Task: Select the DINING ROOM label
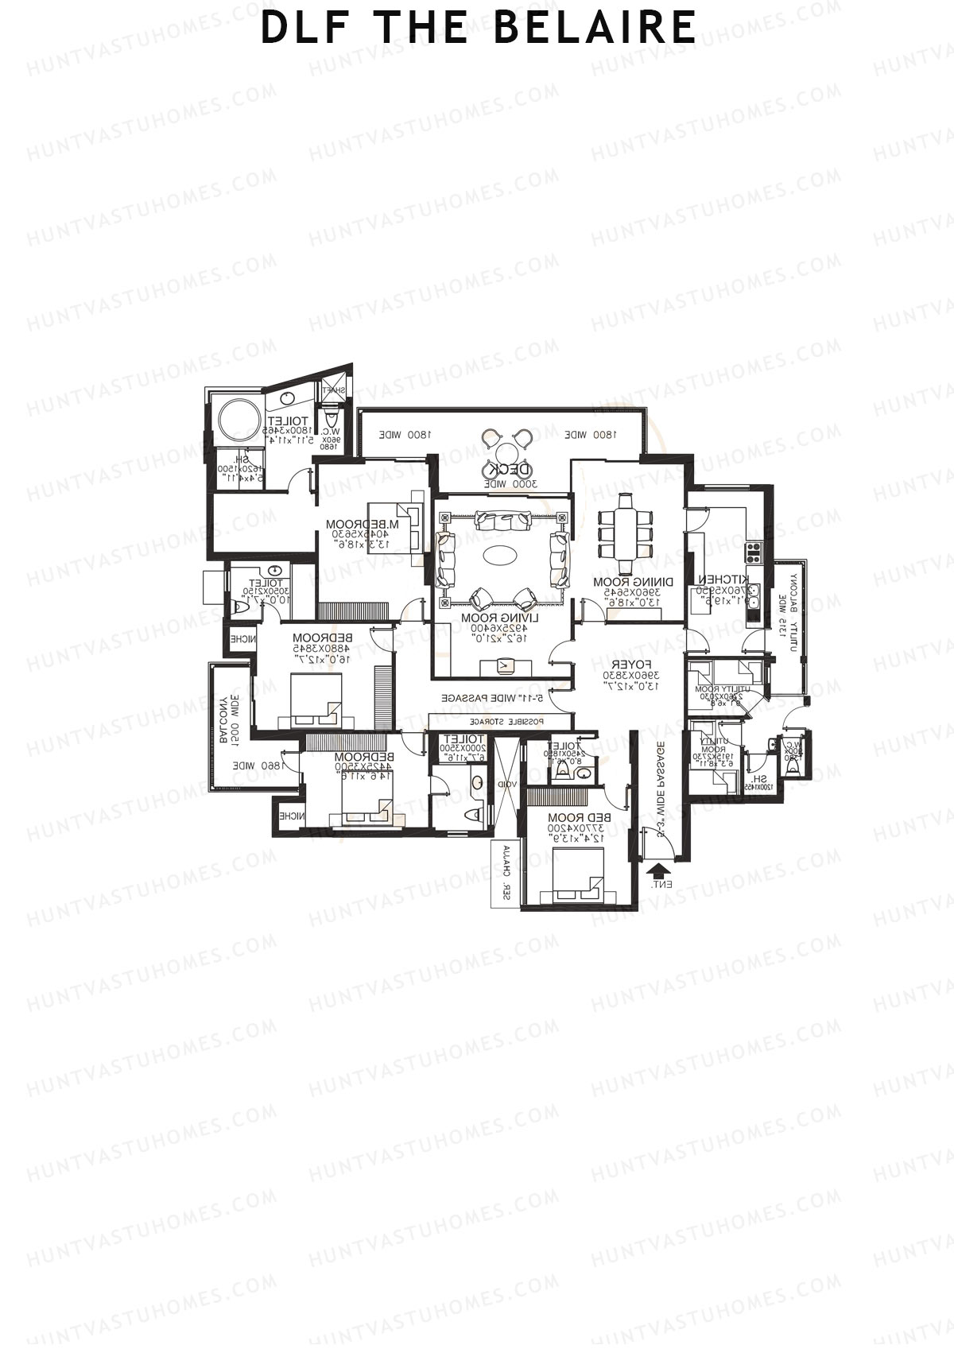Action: point(633,581)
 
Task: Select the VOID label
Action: point(508,784)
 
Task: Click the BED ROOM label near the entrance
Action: point(578,818)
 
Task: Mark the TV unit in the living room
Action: point(503,665)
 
